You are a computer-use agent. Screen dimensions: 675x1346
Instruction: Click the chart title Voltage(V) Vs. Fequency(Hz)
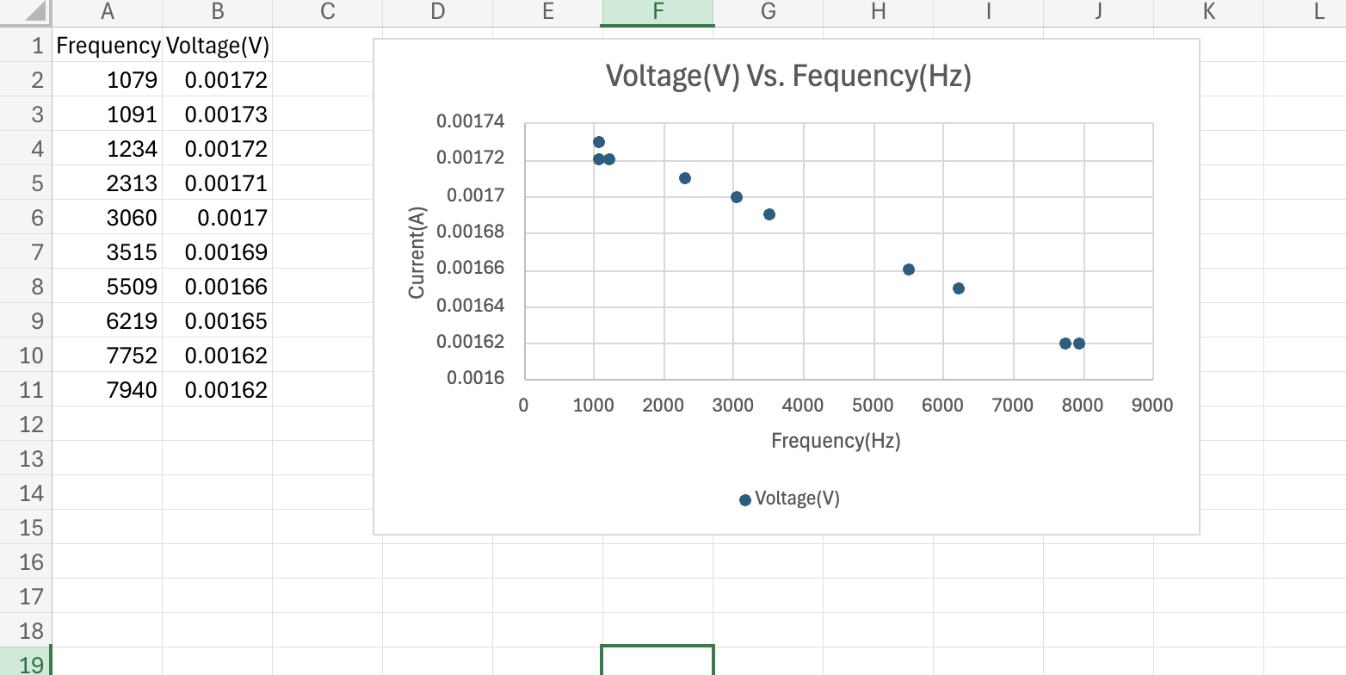click(788, 77)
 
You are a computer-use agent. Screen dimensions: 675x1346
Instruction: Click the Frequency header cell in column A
click(108, 46)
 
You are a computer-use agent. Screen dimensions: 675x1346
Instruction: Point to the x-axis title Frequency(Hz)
click(836, 442)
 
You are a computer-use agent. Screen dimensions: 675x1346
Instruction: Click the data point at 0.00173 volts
click(599, 142)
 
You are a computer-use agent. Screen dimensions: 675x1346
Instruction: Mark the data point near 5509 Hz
click(909, 269)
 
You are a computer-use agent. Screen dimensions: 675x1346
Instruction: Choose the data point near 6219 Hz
click(959, 288)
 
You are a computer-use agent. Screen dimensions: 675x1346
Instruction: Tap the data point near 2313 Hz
click(685, 178)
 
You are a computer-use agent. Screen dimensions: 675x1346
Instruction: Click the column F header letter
click(658, 12)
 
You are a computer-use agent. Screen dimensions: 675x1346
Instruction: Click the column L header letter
click(1318, 12)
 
